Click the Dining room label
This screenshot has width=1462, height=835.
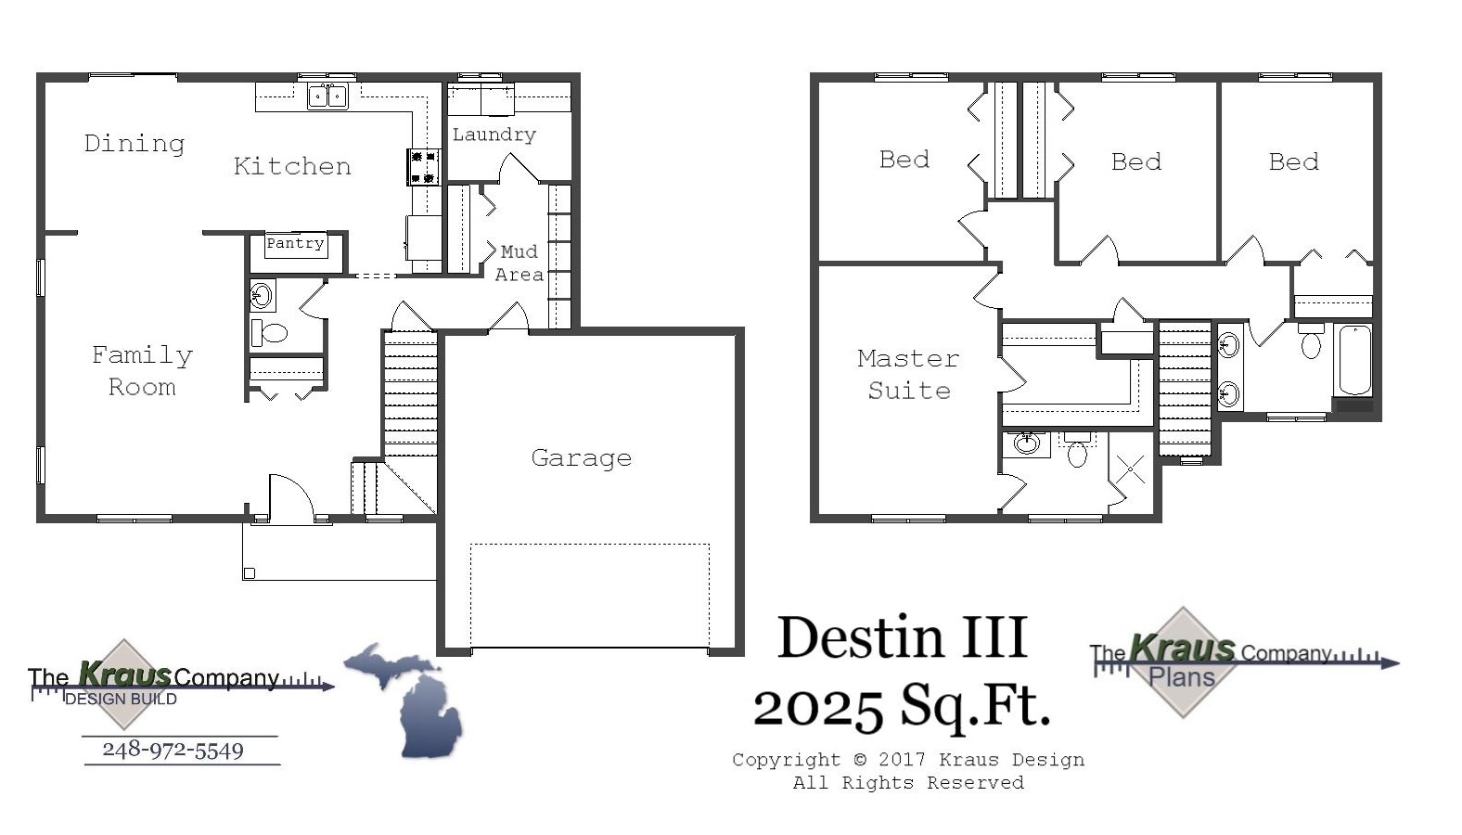[135, 144]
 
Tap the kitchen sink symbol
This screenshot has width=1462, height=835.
[327, 96]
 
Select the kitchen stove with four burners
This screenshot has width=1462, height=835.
[424, 167]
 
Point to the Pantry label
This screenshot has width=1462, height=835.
[295, 244]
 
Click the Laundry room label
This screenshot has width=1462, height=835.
[494, 135]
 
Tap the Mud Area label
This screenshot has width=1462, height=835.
[519, 263]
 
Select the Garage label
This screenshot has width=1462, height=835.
[582, 458]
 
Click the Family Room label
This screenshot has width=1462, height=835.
[142, 371]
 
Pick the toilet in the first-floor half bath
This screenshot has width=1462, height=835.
[271, 332]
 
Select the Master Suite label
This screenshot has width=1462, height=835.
[908, 374]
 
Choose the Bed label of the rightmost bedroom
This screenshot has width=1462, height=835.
[1293, 162]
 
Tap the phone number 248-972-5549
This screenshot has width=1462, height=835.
[173, 750]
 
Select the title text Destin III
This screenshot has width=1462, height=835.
[902, 638]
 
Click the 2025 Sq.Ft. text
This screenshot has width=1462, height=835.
[902, 707]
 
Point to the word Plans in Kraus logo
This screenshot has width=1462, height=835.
[1181, 678]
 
